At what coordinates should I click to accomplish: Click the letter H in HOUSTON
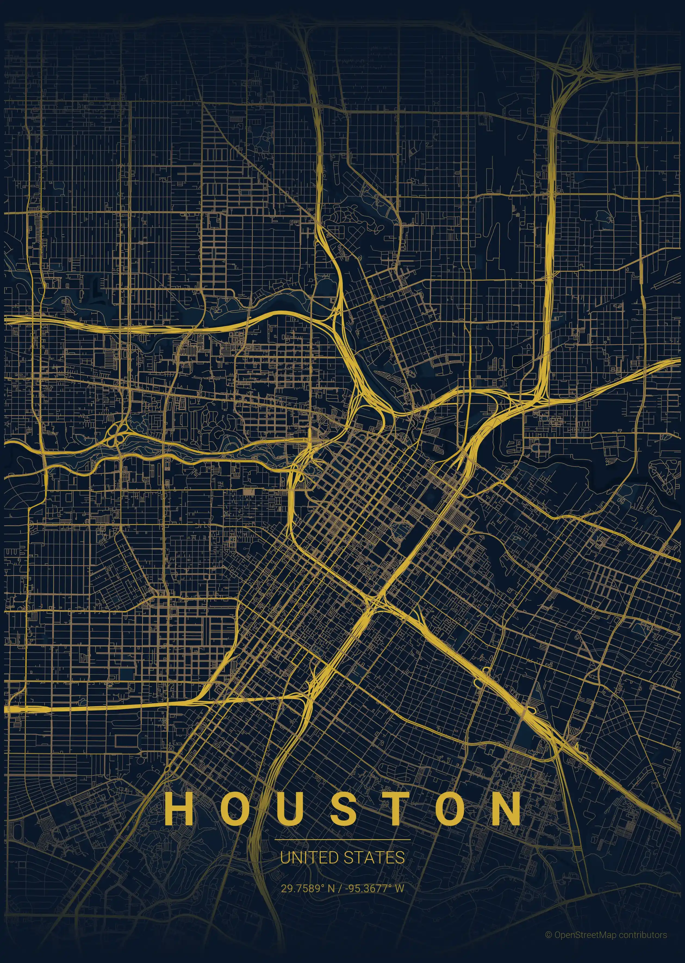[179, 808]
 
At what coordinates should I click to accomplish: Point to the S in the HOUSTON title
[344, 808]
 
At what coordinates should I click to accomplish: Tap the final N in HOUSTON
[506, 808]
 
